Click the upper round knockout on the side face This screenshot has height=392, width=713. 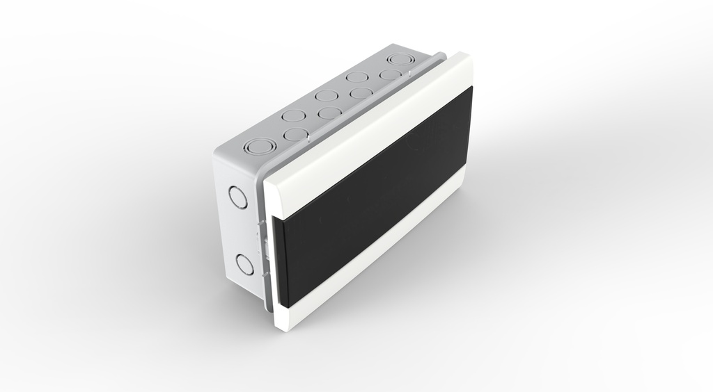click(x=238, y=197)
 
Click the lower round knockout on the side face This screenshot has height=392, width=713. click(x=244, y=264)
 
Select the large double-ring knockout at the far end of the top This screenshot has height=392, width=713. click(x=400, y=60)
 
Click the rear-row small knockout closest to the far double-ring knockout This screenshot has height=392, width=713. click(x=357, y=77)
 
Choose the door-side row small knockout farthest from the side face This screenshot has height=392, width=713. click(x=390, y=74)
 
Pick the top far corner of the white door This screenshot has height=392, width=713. click(x=468, y=56)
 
